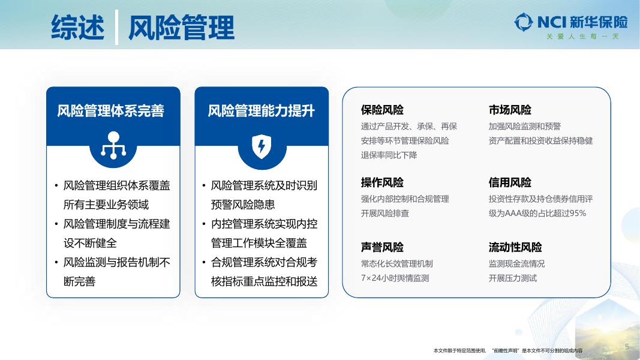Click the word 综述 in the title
(78, 28)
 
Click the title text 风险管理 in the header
(181, 28)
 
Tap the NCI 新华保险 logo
(570, 22)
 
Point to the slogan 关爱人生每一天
(582, 37)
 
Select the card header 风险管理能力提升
(262, 111)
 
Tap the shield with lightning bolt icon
(262, 145)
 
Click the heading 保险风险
(382, 110)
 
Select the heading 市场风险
(510, 110)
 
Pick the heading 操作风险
(382, 182)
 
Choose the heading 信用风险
(510, 182)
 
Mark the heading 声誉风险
(382, 247)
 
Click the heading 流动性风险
(515, 247)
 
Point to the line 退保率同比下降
(389, 155)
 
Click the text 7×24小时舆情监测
(395, 278)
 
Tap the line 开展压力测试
(513, 278)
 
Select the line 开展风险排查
(385, 214)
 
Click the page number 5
(627, 347)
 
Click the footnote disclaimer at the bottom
(507, 350)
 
